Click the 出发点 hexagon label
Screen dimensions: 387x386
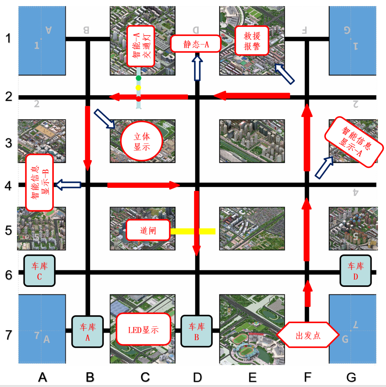307,335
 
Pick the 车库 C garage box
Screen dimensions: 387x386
39,271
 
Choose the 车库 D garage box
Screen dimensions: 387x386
355,271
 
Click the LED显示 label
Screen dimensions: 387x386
143,329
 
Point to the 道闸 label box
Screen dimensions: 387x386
148,230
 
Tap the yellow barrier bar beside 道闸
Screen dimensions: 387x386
193,231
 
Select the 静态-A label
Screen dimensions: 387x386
196,43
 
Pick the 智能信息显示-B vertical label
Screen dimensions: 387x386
39,182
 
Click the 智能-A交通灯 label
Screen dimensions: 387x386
141,46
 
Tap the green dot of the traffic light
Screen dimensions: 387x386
139,78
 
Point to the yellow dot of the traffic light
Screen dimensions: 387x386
139,88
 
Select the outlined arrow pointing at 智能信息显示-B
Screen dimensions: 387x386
68,184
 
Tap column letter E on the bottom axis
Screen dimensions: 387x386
252,377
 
